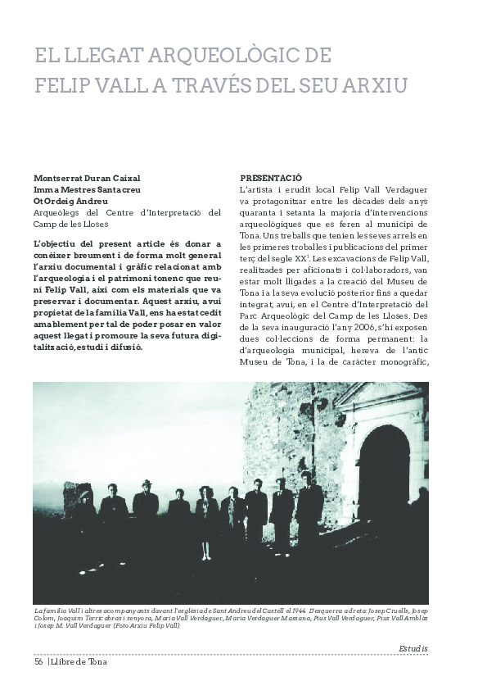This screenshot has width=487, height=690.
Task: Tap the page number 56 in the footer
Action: coord(38,662)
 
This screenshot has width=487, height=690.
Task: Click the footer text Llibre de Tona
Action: coord(79,662)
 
